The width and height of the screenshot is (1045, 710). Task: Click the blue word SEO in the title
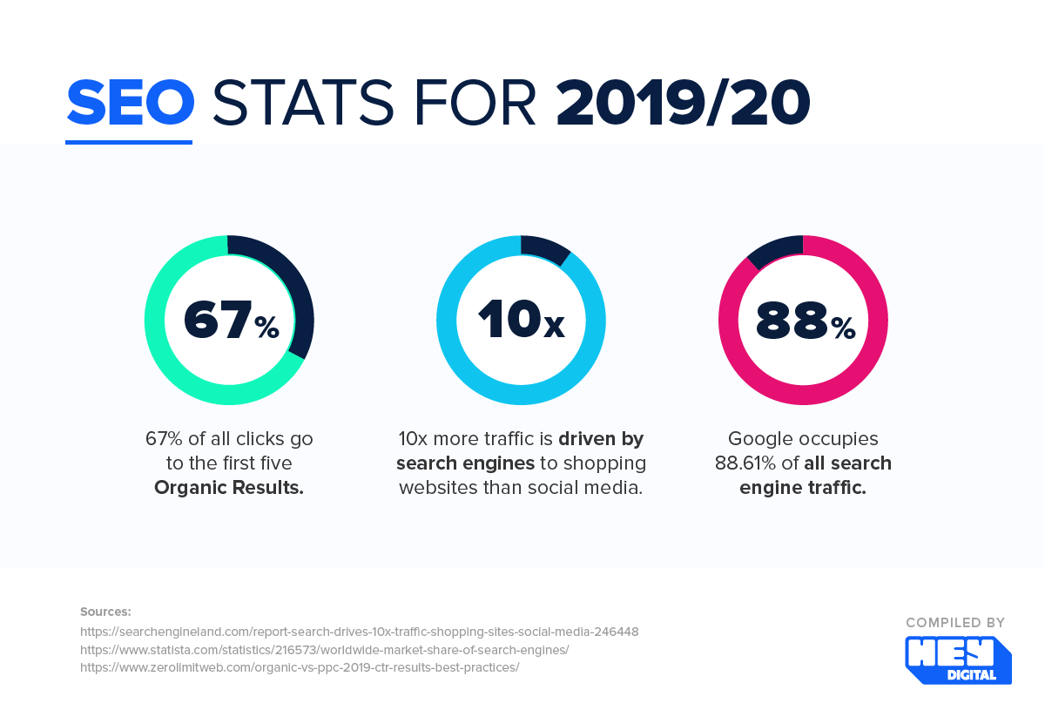(x=130, y=103)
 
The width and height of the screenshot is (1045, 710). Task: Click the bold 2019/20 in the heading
(x=683, y=103)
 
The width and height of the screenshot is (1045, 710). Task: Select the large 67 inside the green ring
(x=217, y=321)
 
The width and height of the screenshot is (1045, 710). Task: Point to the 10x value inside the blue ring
(x=521, y=321)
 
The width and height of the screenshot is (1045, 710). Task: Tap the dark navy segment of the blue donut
(x=544, y=248)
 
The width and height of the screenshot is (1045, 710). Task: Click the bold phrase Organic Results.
(x=229, y=488)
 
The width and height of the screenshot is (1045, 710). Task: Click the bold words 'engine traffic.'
(x=803, y=488)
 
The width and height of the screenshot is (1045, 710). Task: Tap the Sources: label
(x=105, y=612)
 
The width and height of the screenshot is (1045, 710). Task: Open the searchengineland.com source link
(x=359, y=632)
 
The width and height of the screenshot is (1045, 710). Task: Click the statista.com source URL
(x=324, y=650)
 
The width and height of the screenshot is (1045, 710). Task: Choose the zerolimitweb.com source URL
(x=300, y=668)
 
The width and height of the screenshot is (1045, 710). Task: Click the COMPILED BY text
(x=955, y=623)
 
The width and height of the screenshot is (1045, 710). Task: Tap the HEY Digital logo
(x=958, y=659)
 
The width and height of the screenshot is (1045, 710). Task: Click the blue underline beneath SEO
(x=129, y=141)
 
